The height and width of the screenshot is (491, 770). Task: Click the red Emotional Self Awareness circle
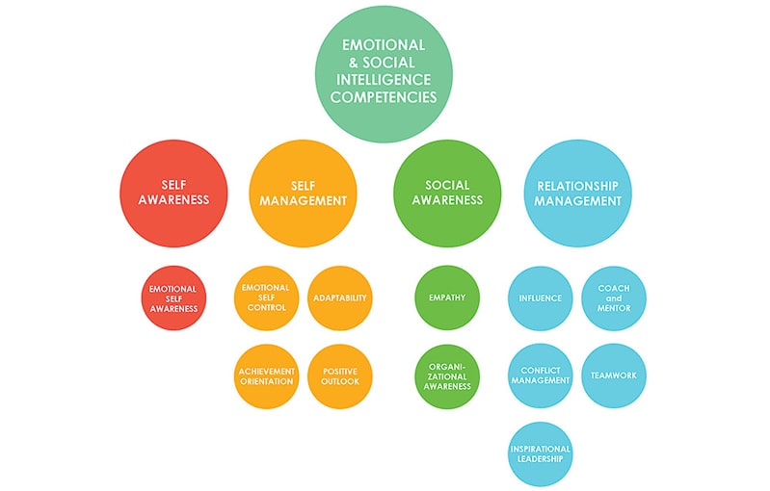coord(173,298)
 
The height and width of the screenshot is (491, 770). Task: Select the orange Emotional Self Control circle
coord(267,297)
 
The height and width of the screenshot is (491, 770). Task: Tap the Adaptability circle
coord(340,297)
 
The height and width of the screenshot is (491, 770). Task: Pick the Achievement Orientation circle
coord(267,376)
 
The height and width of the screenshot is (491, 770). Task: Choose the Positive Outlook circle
coord(340,376)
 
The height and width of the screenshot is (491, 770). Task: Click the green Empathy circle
coord(447,297)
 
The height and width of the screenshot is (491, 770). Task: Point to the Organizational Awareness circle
coord(447,376)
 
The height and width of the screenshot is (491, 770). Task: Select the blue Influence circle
coord(541,298)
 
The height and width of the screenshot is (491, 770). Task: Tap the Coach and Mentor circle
coord(614,298)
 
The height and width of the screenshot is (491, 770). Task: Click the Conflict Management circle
coord(541,375)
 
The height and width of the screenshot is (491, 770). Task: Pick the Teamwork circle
coord(614,375)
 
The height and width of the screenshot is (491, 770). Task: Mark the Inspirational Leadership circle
coord(541,453)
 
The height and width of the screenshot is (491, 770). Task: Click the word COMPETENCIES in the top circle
coord(384,96)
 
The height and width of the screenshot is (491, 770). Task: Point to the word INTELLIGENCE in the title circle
coord(384,80)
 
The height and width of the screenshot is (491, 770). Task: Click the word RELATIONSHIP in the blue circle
coord(577,186)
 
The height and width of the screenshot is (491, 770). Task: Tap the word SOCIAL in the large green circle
coord(447,185)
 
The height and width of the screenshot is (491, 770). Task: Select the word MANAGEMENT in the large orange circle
coord(303,200)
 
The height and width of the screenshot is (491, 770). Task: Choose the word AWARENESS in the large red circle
coord(173,199)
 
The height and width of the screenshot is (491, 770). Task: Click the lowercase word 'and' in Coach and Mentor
coord(614,298)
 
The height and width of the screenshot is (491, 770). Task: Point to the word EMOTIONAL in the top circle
coord(384,45)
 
